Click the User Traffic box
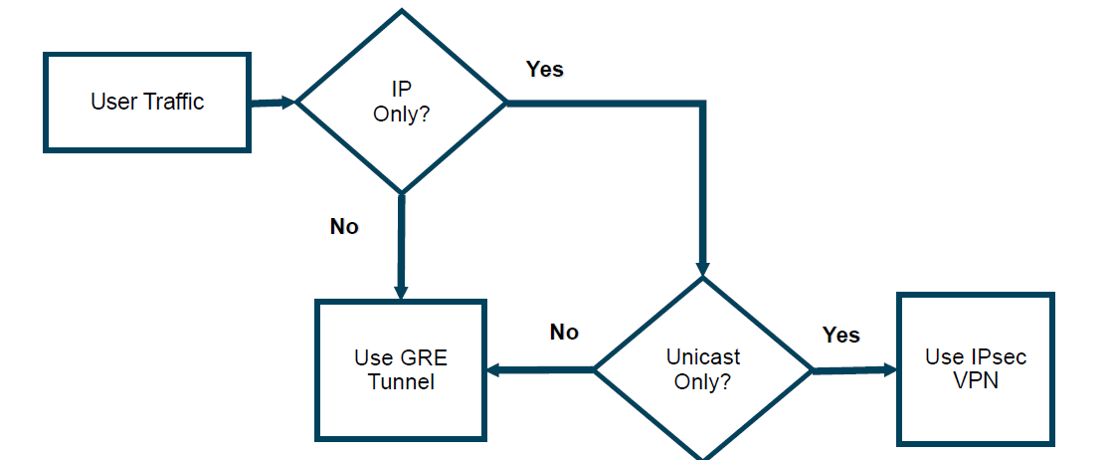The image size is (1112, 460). pos(147,102)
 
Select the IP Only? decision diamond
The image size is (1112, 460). pos(402,102)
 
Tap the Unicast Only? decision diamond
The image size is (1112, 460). pos(702,368)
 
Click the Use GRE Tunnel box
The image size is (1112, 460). pos(401,369)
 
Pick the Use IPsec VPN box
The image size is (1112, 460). pos(975,369)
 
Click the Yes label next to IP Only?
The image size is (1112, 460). pos(544,69)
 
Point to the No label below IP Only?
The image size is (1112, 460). pos(344,227)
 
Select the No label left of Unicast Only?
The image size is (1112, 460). pos(564,332)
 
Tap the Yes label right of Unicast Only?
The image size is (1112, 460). pos(841,335)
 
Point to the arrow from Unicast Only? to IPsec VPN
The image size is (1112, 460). pos(853,370)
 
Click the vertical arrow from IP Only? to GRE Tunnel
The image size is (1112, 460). pos(401,245)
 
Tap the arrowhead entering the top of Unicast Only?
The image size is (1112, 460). pos(702,267)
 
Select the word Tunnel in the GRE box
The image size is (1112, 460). pos(401,381)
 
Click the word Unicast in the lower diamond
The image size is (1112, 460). pos(702,357)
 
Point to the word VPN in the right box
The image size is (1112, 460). pos(975,381)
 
